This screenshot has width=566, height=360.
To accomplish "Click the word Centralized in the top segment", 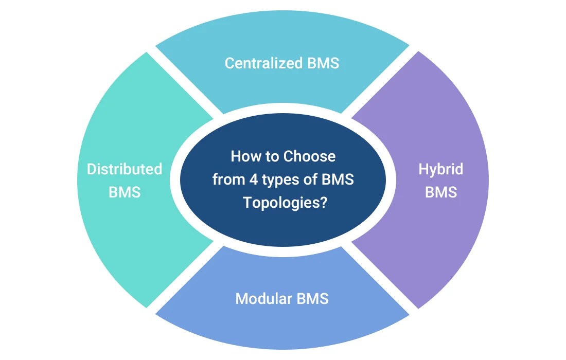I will (263, 63).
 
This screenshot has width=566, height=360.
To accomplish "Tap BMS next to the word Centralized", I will (323, 63).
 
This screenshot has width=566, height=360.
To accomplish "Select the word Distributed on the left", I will (124, 169).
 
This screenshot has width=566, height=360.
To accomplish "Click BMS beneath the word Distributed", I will (125, 192).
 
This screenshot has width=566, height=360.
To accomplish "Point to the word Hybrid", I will (440, 169).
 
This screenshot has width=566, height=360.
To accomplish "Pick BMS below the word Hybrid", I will (441, 192).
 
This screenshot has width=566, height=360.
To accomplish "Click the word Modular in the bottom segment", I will (264, 298).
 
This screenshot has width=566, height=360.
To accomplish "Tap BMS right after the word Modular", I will (312, 298).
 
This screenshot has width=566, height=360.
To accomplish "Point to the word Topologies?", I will (285, 203).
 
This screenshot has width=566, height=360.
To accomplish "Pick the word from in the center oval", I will (224, 179).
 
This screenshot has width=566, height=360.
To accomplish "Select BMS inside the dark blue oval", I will (337, 179).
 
